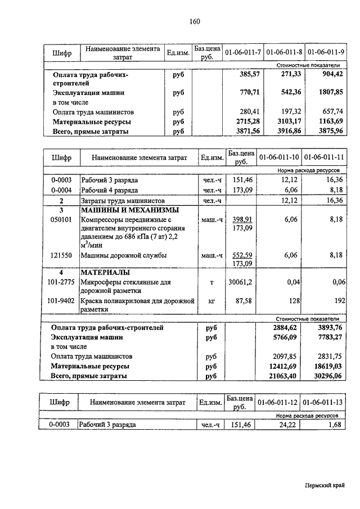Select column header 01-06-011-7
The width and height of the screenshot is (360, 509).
pyautogui.click(x=243, y=52)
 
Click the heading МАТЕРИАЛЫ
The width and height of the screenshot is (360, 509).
pyautogui.click(x=105, y=273)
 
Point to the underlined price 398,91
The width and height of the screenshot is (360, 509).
pyautogui.click(x=242, y=219)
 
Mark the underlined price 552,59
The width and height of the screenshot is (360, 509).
pyautogui.click(x=242, y=255)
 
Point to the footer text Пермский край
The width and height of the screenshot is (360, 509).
pyautogui.click(x=325, y=485)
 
